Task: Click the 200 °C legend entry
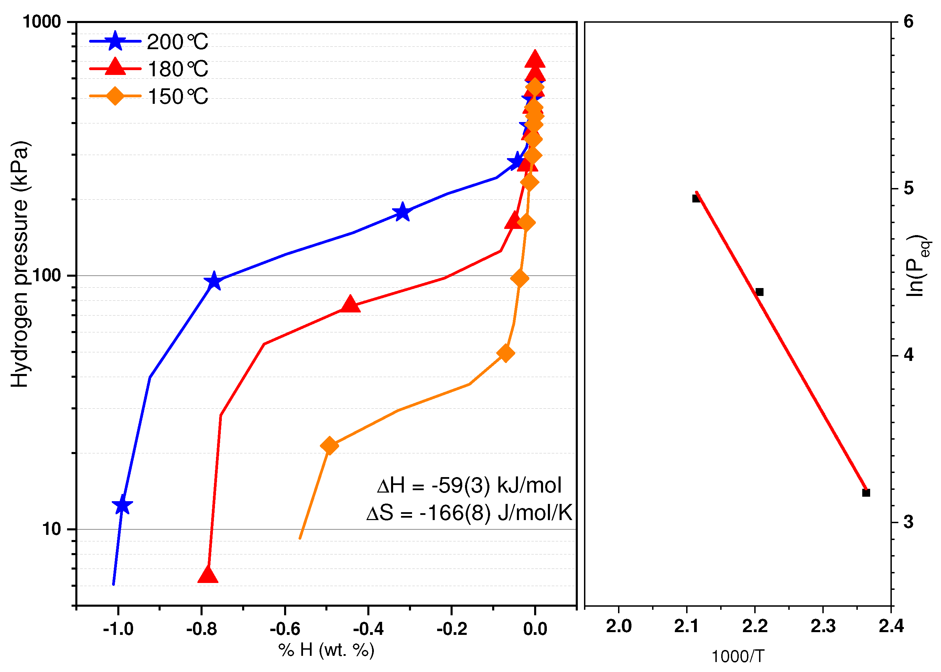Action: point(149,41)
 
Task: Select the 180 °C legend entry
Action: point(149,69)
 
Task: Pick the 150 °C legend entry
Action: point(149,96)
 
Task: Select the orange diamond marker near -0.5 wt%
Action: point(329,446)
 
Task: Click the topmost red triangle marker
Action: point(534,59)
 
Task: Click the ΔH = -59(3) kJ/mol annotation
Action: point(469,485)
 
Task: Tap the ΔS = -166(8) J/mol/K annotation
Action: point(469,513)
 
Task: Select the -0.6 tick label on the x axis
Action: point(284,629)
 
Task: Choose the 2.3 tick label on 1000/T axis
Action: point(823,626)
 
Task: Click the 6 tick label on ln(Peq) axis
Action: point(908,22)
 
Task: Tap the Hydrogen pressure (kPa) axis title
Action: point(20,265)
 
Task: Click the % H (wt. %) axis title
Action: point(326,650)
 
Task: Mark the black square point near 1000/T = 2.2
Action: point(759,292)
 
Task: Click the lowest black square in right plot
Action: point(866,493)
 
